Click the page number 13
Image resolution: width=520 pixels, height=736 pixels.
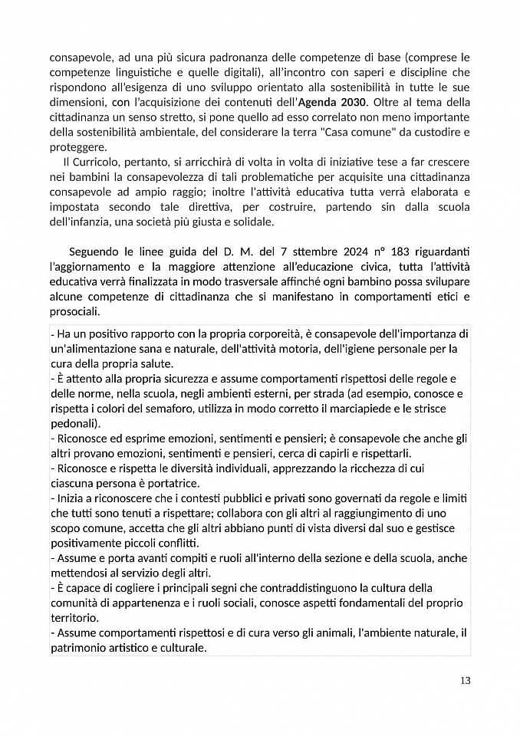465,680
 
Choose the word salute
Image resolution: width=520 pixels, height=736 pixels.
154,363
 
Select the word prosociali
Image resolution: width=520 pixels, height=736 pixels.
74,312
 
